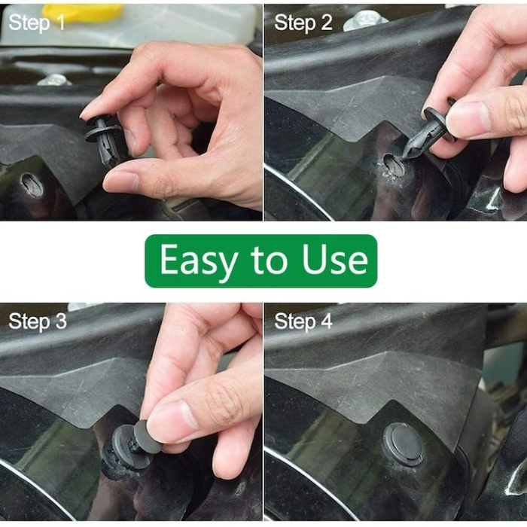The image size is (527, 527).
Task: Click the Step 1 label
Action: click(x=37, y=23)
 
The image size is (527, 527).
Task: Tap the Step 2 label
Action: click(x=303, y=23)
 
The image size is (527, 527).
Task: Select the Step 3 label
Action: click(x=37, y=321)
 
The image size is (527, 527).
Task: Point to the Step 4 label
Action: click(x=303, y=321)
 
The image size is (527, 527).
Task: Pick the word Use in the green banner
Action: click(x=335, y=260)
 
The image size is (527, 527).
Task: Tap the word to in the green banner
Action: click(x=267, y=260)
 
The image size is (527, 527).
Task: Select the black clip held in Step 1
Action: click(x=105, y=140)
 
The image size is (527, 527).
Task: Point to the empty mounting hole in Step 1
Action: click(x=32, y=184)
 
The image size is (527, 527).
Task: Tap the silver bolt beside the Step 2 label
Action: click(x=364, y=20)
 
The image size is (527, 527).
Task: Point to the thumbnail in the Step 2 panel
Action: click(x=468, y=118)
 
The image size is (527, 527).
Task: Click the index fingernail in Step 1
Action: click(x=90, y=108)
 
